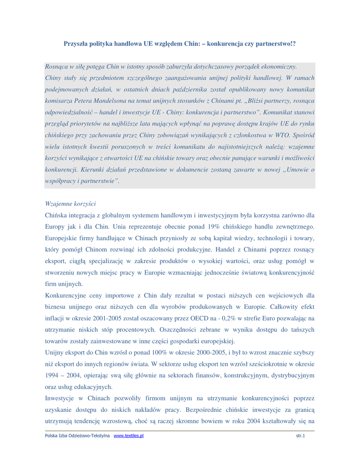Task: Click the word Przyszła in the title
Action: [x=77, y=44]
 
